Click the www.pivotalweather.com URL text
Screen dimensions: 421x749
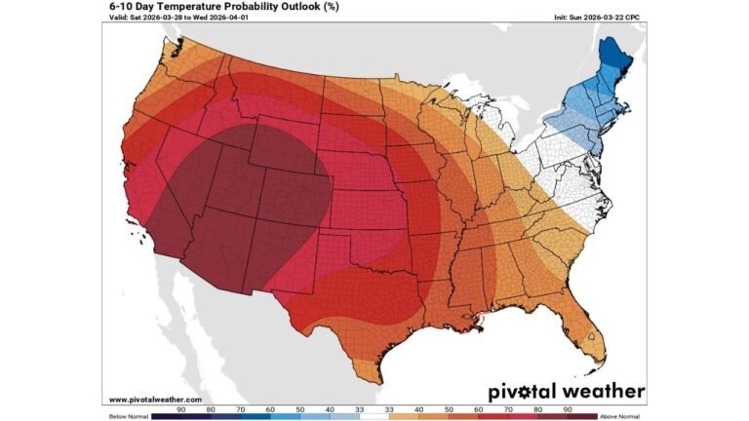click(x=155, y=400)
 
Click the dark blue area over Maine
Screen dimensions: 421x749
click(x=611, y=63)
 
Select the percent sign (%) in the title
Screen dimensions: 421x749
click(x=334, y=6)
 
